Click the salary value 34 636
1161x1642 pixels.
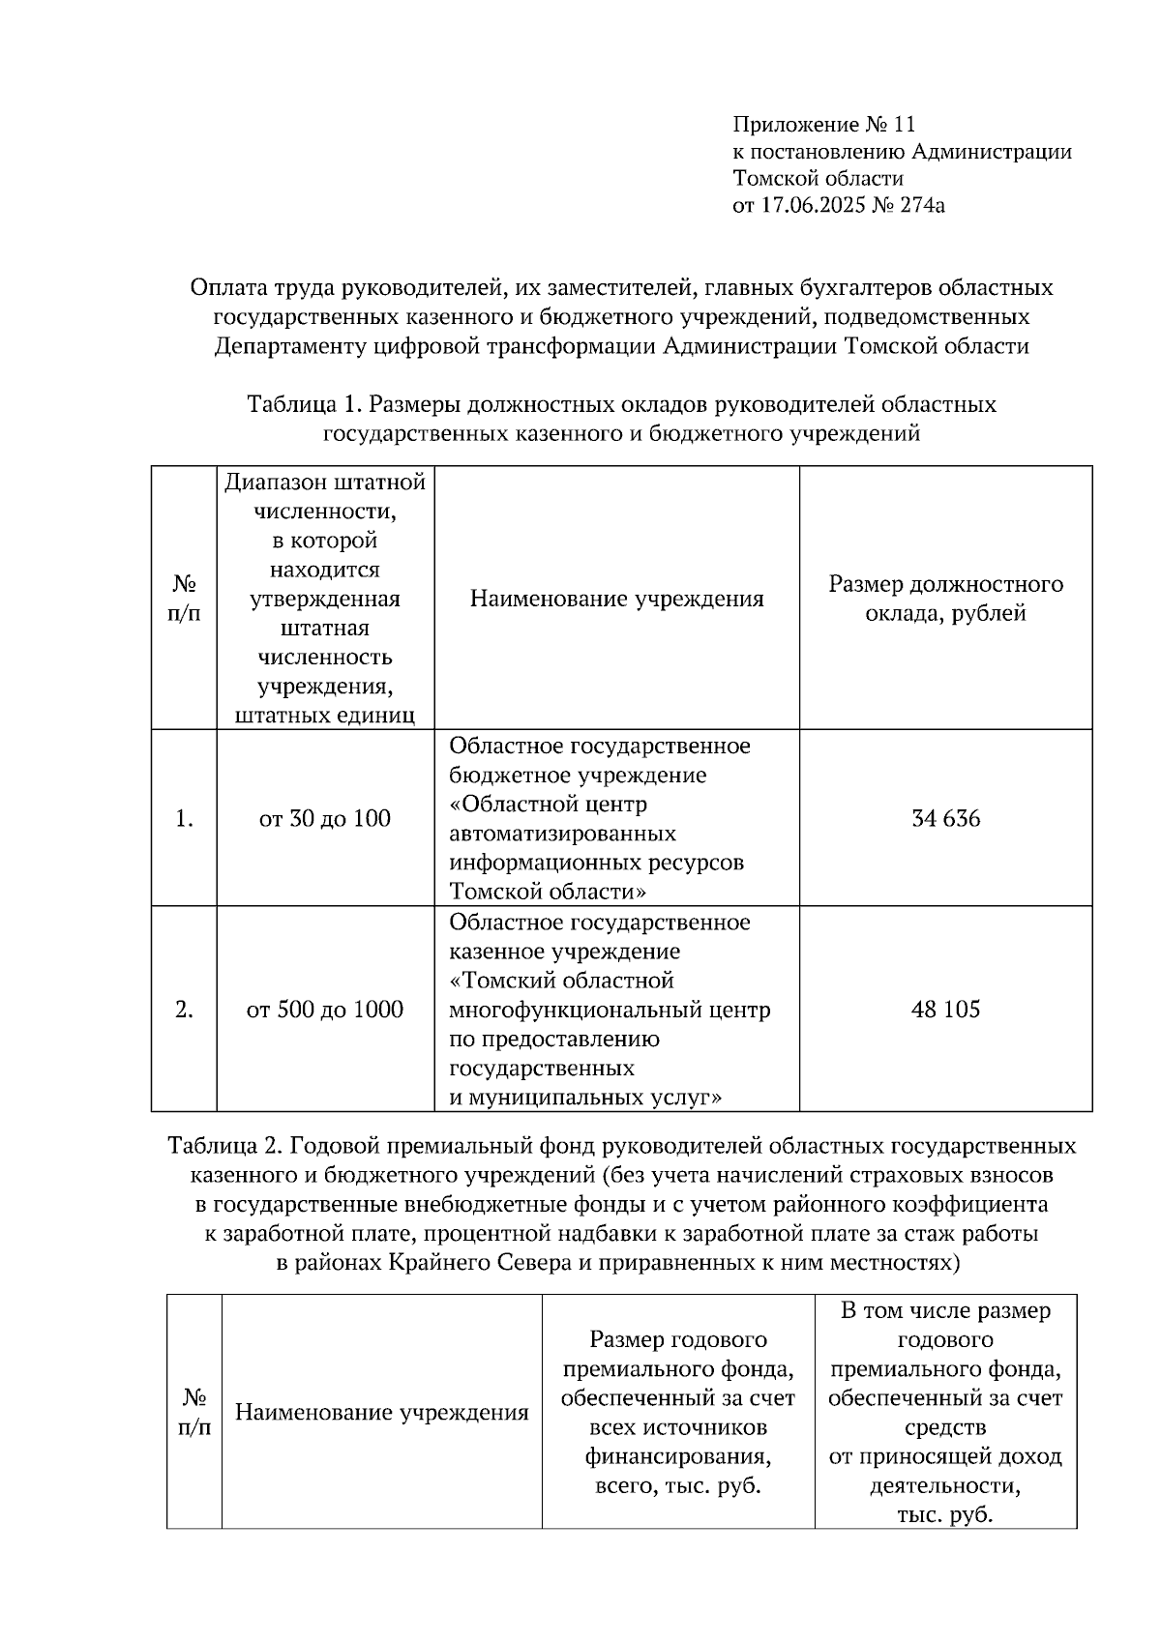coord(945,819)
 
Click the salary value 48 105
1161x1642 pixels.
coord(945,1010)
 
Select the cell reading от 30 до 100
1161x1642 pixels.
coord(325,819)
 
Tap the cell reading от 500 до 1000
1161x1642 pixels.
coord(325,1010)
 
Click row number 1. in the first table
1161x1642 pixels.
coord(184,819)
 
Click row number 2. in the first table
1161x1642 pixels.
coord(184,1010)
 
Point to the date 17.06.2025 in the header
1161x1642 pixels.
coord(811,204)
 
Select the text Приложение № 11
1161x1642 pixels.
coord(823,124)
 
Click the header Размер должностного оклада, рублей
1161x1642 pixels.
coord(945,599)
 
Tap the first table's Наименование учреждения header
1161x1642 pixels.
coord(616,599)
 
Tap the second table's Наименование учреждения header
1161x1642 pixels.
coord(382,1412)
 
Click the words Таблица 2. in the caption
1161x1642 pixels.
coord(224,1146)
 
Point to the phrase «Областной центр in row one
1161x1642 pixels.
coord(549,805)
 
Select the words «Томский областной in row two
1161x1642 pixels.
coord(561,981)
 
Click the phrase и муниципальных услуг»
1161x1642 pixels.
coord(586,1097)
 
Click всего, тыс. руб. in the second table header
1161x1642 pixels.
coord(677,1485)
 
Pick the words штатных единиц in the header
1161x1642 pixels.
coord(325,716)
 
